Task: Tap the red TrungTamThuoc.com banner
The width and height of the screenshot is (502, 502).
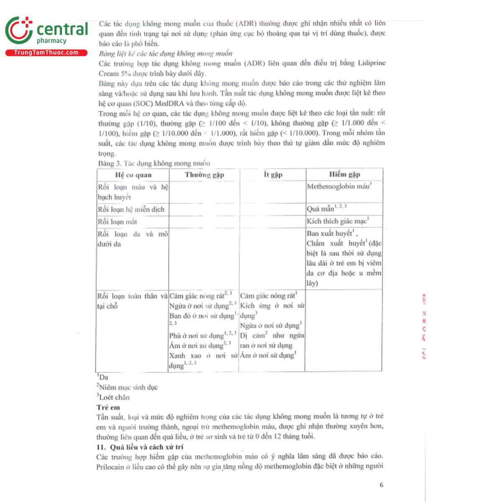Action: (46, 53)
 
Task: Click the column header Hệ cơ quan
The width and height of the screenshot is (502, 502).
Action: (133, 175)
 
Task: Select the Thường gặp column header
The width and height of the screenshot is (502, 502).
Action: (204, 175)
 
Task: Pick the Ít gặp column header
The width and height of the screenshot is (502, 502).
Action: (273, 174)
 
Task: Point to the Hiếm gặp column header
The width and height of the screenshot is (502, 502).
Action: (344, 174)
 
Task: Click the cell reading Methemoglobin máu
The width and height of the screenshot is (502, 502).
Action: (339, 187)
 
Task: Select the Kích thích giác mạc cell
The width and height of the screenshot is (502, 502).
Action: (337, 221)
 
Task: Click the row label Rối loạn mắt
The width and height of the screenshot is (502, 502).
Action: (117, 222)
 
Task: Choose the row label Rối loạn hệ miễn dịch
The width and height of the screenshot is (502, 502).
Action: (131, 210)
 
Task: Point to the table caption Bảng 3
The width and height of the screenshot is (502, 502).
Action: (154, 163)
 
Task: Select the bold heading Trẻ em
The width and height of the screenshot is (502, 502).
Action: (108, 407)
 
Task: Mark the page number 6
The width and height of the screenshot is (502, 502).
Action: (381, 485)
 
